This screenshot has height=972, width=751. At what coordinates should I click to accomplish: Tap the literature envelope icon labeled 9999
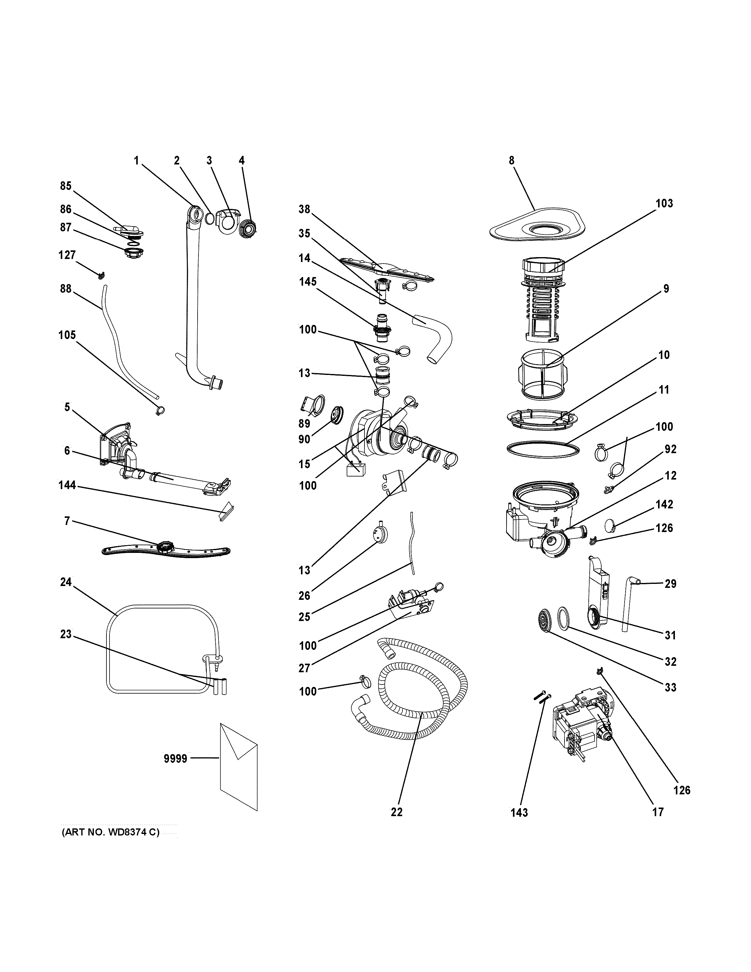[x=238, y=766]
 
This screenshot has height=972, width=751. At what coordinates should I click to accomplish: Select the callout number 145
[x=308, y=282]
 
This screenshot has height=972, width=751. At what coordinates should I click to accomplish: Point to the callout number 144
[x=67, y=486]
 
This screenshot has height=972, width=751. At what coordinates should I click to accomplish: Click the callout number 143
[x=519, y=813]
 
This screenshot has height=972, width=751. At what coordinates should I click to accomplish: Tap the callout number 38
[x=304, y=209]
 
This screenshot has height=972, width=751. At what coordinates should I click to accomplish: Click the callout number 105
[x=67, y=335]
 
